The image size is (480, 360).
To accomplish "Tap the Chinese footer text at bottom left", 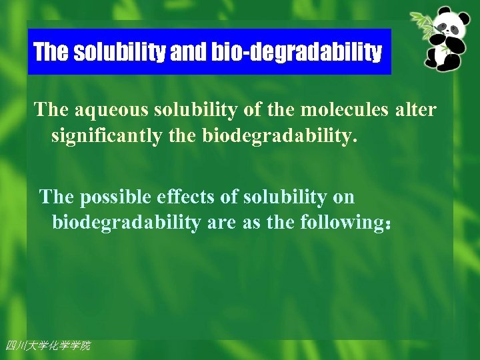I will pyautogui.click(x=47, y=345).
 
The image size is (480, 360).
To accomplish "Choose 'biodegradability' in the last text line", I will pyautogui.click(x=126, y=223).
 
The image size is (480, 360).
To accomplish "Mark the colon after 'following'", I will pyautogui.click(x=387, y=224).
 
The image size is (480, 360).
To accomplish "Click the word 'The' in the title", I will pyautogui.click(x=51, y=52).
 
